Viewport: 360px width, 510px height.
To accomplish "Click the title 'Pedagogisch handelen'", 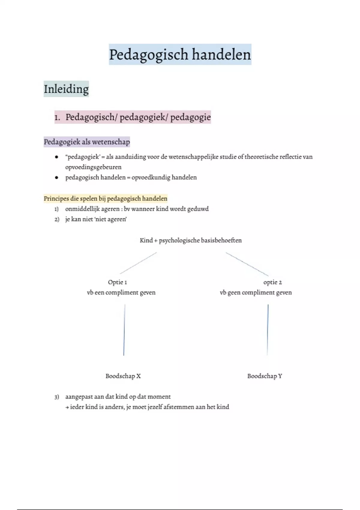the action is coord(180,55).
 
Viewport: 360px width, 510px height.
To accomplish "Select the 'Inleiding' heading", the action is coord(66,89).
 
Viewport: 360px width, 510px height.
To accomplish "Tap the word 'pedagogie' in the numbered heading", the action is coord(190,118).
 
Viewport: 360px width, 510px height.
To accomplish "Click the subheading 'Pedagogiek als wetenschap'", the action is coord(87,142).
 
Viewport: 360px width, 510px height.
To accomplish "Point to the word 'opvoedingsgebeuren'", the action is coord(93,167).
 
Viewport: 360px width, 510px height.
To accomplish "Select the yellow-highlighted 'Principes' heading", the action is coord(105,199).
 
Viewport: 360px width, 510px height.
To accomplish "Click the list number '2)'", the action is coord(57,220).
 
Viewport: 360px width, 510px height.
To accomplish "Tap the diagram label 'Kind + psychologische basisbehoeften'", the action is coord(190,240).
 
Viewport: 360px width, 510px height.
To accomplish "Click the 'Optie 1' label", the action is coord(117,282).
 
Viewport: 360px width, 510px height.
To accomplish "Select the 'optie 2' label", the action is coord(272,283).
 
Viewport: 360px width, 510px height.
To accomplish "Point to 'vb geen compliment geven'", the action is coord(256,293).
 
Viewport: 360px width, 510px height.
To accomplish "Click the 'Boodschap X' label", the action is coord(123,376).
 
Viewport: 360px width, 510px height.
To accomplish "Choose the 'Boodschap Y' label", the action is coord(265,376).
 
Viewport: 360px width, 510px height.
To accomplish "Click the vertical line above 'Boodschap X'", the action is coord(124,330).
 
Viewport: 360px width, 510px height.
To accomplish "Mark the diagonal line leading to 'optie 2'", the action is coord(247,264).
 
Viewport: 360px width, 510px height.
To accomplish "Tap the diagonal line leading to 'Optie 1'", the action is coord(138,263).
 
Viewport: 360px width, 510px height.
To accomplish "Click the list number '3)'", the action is coord(57,397).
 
